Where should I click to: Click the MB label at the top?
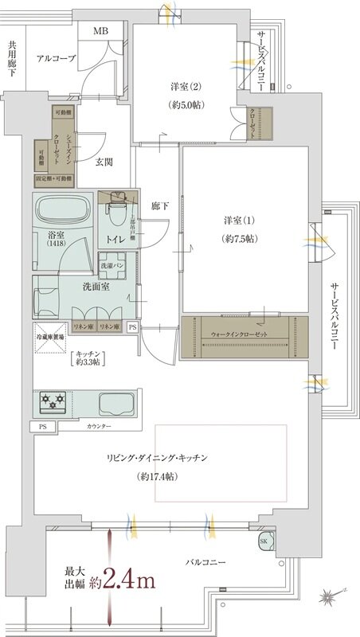(102, 31)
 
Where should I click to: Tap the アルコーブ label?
(56, 59)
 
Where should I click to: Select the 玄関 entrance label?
(104, 162)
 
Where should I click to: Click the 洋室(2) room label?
(184, 88)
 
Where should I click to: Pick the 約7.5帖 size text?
(239, 239)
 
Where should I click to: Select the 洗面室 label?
(96, 286)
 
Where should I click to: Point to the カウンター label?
(100, 428)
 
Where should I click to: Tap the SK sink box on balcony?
(264, 542)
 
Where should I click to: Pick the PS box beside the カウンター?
(41, 427)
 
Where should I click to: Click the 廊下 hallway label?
(160, 206)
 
